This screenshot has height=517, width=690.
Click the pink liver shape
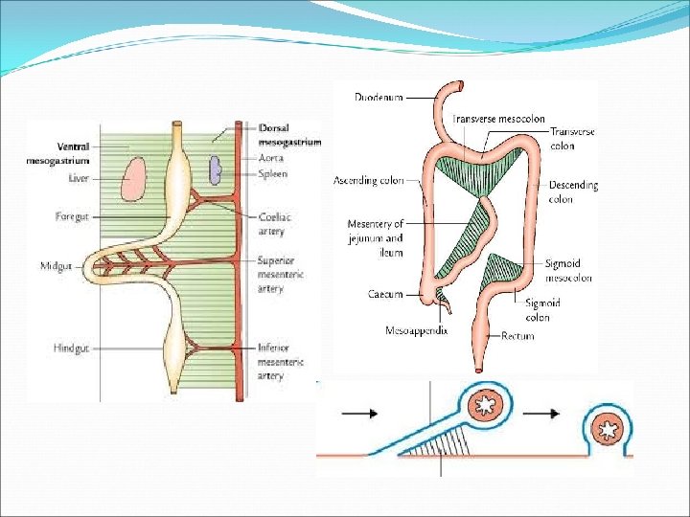[x=132, y=180]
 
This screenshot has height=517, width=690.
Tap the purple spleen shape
[x=218, y=170]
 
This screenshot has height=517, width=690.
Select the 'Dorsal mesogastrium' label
[x=289, y=135]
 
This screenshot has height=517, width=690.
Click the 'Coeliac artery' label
[x=272, y=224]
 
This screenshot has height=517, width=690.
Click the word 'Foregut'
[x=72, y=217]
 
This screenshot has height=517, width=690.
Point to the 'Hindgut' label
[x=71, y=348]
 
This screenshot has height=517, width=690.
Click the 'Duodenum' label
[x=378, y=97]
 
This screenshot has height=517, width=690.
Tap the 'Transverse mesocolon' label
[x=498, y=119]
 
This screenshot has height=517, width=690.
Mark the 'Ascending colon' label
[x=368, y=180]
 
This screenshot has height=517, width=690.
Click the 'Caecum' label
[x=384, y=294]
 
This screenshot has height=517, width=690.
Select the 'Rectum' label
[x=518, y=336]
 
